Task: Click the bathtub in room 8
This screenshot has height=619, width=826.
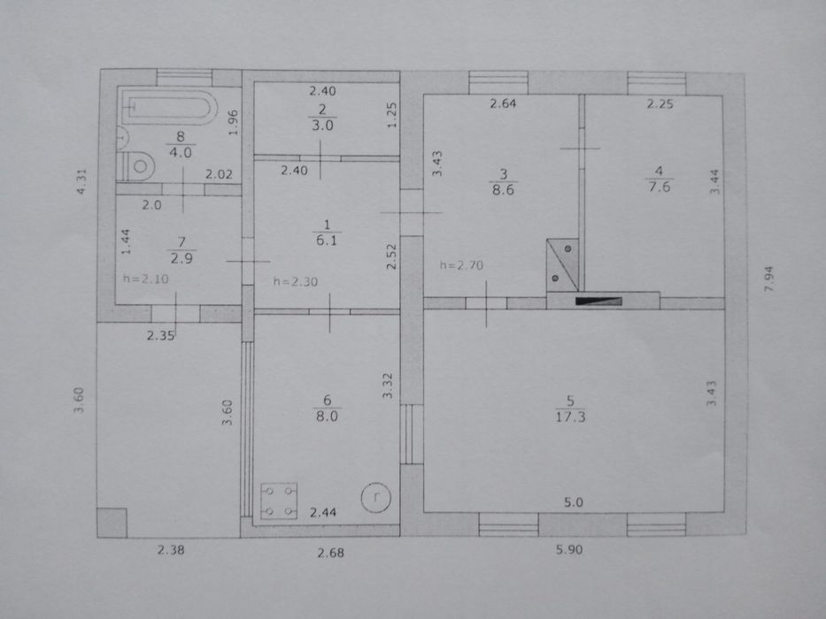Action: click(x=167, y=107)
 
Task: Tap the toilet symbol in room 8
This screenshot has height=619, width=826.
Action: click(x=135, y=166)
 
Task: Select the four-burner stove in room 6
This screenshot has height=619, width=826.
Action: click(x=279, y=501)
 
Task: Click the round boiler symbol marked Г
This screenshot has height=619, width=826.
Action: click(x=375, y=497)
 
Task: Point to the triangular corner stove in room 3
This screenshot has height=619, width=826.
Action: click(x=562, y=264)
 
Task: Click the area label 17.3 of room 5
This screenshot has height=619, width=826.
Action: click(x=570, y=416)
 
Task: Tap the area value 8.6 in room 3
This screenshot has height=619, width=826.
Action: click(x=503, y=189)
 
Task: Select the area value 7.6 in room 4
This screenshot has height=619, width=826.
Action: click(x=659, y=187)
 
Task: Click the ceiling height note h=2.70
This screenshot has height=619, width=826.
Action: click(x=461, y=265)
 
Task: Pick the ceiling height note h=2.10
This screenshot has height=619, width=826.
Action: click(x=146, y=279)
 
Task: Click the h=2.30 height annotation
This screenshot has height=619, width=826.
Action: click(x=296, y=281)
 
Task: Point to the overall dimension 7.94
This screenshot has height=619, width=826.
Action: click(x=768, y=279)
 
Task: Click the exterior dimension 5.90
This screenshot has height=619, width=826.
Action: click(x=569, y=549)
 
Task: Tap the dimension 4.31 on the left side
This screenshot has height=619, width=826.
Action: click(x=81, y=181)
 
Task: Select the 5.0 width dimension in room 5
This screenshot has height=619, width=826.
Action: click(x=574, y=502)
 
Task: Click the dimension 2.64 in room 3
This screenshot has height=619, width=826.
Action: click(x=503, y=103)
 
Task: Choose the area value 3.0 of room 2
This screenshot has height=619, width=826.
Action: click(x=322, y=126)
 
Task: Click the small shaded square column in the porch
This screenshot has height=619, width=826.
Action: click(x=112, y=523)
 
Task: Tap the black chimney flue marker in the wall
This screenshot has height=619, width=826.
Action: click(x=598, y=301)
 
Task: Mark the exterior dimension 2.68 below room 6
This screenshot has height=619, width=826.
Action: click(x=331, y=553)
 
